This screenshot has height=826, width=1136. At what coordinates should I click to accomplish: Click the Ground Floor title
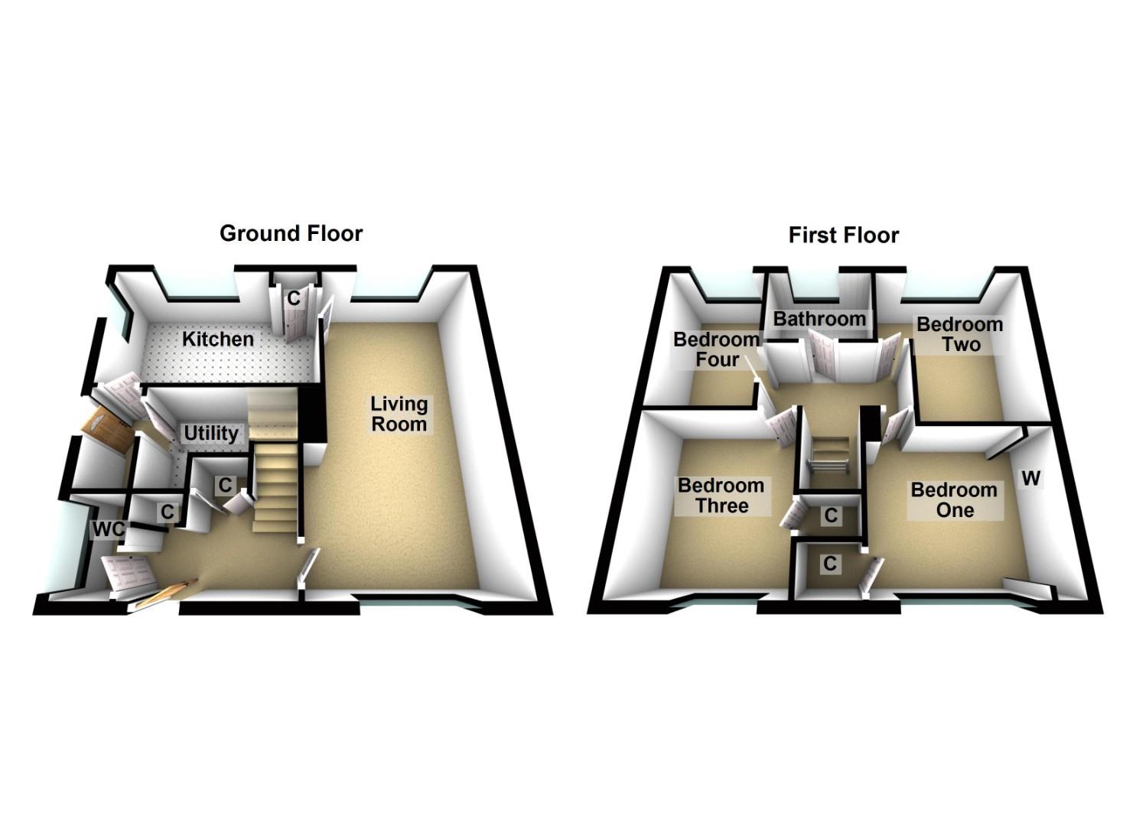pyautogui.click(x=291, y=233)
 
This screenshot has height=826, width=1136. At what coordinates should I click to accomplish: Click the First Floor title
pyautogui.click(x=843, y=235)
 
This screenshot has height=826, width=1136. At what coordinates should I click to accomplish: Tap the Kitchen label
pyautogui.click(x=218, y=339)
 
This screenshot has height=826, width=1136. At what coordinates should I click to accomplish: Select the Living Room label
pyautogui.click(x=399, y=414)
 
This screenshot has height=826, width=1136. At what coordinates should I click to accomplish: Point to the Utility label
pyautogui.click(x=211, y=434)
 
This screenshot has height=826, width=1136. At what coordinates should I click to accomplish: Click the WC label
pyautogui.click(x=108, y=529)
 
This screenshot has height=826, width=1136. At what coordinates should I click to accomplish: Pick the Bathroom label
pyautogui.click(x=819, y=319)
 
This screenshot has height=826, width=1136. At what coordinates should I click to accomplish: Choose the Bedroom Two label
pyautogui.click(x=960, y=334)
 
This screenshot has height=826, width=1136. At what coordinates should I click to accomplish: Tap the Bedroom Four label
pyautogui.click(x=716, y=350)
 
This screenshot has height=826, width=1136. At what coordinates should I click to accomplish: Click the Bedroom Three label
pyautogui.click(x=721, y=496)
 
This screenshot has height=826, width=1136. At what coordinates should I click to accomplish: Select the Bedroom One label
pyautogui.click(x=954, y=500)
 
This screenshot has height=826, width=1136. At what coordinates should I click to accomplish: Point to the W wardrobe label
pyautogui.click(x=1031, y=479)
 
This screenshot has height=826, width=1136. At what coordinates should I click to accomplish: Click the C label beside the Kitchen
pyautogui.click(x=294, y=299)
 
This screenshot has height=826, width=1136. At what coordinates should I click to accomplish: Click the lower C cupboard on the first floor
pyautogui.click(x=831, y=564)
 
